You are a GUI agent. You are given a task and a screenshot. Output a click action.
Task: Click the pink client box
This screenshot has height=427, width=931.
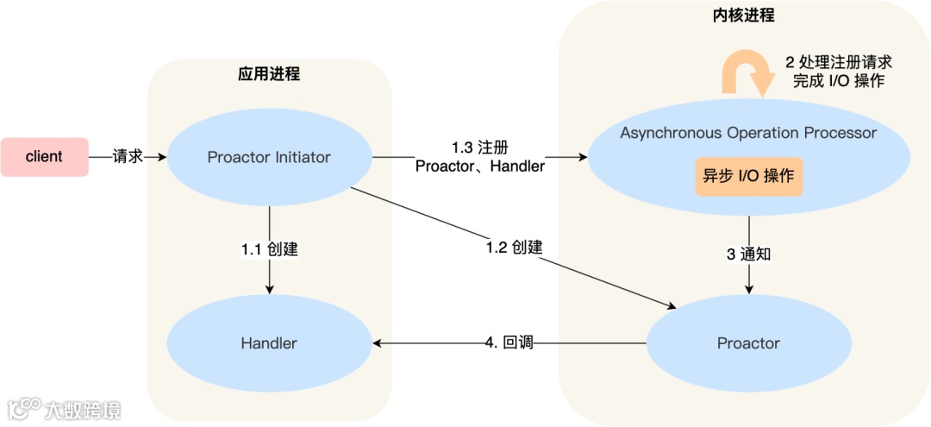pyautogui.click(x=44, y=157)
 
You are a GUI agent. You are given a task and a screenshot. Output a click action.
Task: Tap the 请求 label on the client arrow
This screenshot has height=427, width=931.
pyautogui.click(x=127, y=157)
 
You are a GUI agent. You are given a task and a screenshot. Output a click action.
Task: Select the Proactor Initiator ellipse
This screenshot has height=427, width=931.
pyautogui.click(x=269, y=158)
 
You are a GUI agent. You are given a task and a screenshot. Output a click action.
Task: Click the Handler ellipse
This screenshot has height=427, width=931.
pyautogui.click(x=269, y=343)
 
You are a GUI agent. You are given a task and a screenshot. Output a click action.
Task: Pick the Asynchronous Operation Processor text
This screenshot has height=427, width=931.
pyautogui.click(x=748, y=133)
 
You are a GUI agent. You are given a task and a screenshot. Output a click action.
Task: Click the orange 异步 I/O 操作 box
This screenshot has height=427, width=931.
pyautogui.click(x=748, y=176)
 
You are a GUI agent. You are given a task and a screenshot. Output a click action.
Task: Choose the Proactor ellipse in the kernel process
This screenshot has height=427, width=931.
pyautogui.click(x=748, y=343)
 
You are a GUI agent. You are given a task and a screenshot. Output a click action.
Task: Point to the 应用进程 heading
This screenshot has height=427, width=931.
pyautogui.click(x=269, y=74)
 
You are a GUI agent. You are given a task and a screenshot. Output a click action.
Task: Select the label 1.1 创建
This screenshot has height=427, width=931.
pyautogui.click(x=269, y=249)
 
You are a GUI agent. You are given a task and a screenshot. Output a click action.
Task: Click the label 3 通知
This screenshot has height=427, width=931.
pyautogui.click(x=748, y=255)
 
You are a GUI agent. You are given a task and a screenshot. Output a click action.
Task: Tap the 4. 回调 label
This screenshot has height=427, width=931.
pyautogui.click(x=509, y=343)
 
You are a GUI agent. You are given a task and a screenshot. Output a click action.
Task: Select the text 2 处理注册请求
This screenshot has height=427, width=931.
pyautogui.click(x=838, y=62)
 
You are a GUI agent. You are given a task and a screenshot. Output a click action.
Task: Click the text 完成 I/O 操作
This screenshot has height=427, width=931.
pyautogui.click(x=838, y=81)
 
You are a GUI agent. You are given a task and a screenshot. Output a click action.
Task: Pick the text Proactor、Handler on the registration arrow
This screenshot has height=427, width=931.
pyautogui.click(x=480, y=166)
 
